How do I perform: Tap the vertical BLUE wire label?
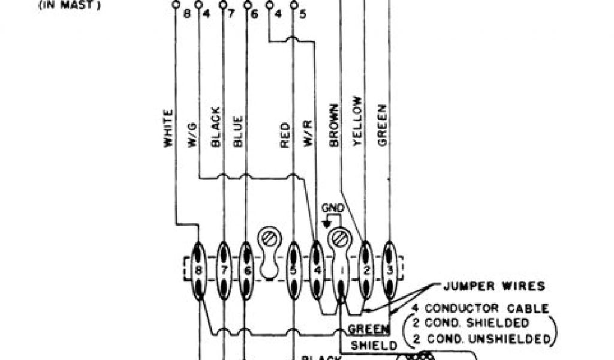239,131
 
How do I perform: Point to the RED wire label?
285,136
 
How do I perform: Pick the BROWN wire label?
334,126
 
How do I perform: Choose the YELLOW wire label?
358,127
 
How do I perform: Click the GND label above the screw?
333,208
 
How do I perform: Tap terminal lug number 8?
199,270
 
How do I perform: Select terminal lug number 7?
224,270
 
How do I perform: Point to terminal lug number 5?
294,270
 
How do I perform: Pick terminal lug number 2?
365,270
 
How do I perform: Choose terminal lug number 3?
390,270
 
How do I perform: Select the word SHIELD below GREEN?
373,345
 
